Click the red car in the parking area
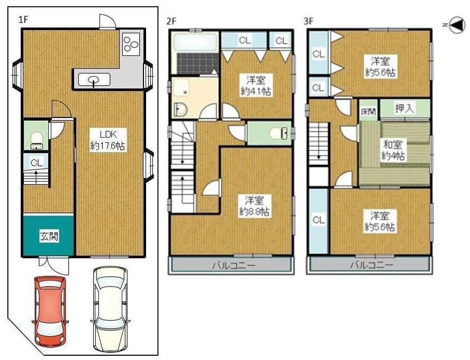50,311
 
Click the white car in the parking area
110,309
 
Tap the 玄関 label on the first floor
49,237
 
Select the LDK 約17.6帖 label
108,140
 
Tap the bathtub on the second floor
195,42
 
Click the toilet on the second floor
278,133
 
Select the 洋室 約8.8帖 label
254,206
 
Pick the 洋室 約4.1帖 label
256,86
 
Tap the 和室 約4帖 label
393,150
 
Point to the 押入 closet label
405,109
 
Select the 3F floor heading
309,21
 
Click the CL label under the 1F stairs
37,163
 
